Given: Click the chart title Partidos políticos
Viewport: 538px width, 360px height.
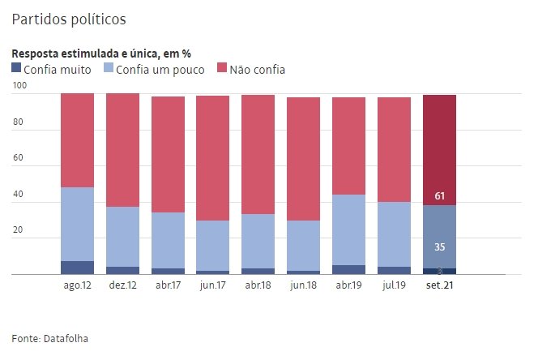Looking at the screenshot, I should (x=69, y=17).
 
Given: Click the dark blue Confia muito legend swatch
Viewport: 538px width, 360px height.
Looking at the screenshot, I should (x=16, y=70).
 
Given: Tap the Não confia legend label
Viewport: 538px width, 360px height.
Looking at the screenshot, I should (x=257, y=70).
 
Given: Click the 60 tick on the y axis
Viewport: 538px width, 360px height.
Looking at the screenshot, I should (x=20, y=160).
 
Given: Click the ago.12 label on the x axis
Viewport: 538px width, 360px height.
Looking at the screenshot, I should (x=78, y=286).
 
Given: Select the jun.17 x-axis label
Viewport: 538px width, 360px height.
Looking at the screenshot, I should (x=213, y=286).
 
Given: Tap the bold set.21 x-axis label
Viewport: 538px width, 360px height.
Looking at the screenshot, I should (x=439, y=286).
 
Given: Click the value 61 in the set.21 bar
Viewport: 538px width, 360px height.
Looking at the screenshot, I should (x=439, y=196).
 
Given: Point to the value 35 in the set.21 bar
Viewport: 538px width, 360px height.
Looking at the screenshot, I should (x=439, y=247).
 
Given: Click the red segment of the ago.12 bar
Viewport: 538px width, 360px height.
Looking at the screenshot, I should (x=78, y=140).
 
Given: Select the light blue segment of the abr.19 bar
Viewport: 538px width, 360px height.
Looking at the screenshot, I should (x=348, y=229).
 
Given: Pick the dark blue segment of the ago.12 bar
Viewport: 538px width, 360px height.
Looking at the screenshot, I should (x=78, y=268).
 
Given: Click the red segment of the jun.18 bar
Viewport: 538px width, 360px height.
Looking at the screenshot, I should (x=303, y=159).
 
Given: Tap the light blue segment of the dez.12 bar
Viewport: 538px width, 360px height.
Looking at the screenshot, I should (x=122, y=237).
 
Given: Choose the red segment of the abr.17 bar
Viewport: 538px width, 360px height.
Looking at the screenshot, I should (x=168, y=154).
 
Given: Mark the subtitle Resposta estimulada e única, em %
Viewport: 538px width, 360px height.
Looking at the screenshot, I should (x=100, y=54).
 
